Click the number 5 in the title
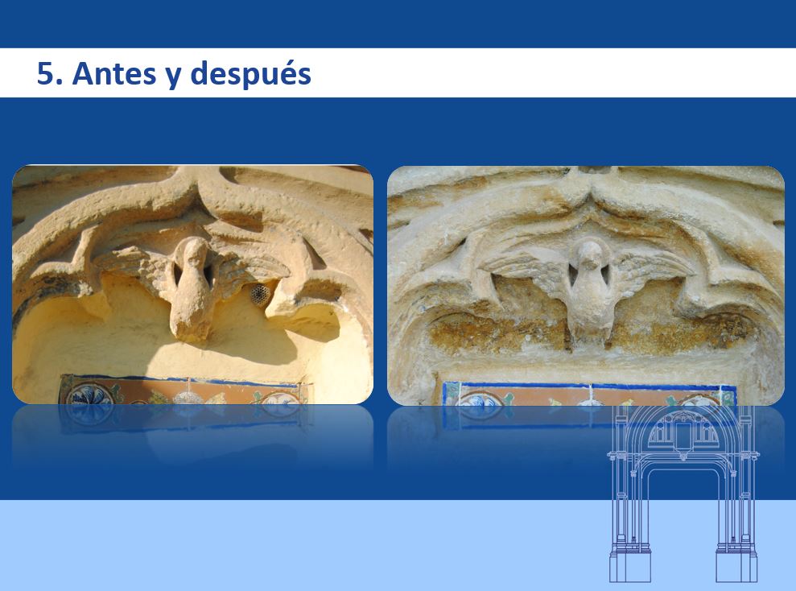[46, 73]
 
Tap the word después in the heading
[251, 74]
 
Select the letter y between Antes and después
[173, 77]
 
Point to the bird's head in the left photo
[192, 253]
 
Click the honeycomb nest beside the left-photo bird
[260, 295]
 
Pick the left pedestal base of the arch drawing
[630, 566]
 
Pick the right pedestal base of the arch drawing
[736, 566]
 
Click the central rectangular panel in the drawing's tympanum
[683, 433]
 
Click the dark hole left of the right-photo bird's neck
[572, 275]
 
